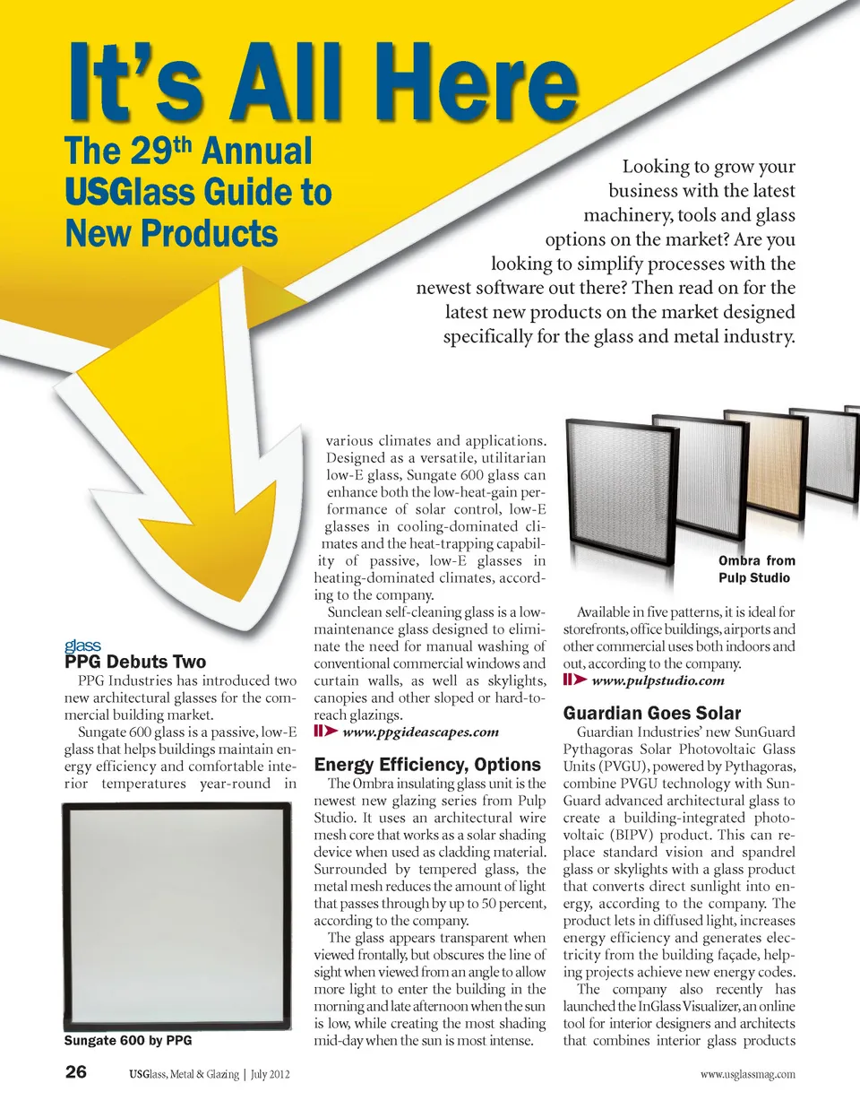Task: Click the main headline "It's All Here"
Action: coord(322,82)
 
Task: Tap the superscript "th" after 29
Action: coord(185,144)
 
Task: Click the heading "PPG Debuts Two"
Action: coord(135,663)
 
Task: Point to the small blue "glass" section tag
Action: coord(82,646)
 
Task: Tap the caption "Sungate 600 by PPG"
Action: coord(128,1041)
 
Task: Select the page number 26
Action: coord(76,1072)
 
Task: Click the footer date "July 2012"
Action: coord(271,1074)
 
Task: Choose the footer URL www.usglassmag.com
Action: coord(747,1074)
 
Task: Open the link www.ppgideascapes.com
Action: coord(420,732)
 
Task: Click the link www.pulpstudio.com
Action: coord(658,680)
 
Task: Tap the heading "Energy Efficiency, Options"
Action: coord(427,765)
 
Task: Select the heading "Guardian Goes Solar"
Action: coord(652,714)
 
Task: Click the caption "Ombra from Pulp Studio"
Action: coord(755,569)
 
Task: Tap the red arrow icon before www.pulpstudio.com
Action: coord(574,680)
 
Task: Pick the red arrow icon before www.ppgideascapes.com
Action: coord(325,732)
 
